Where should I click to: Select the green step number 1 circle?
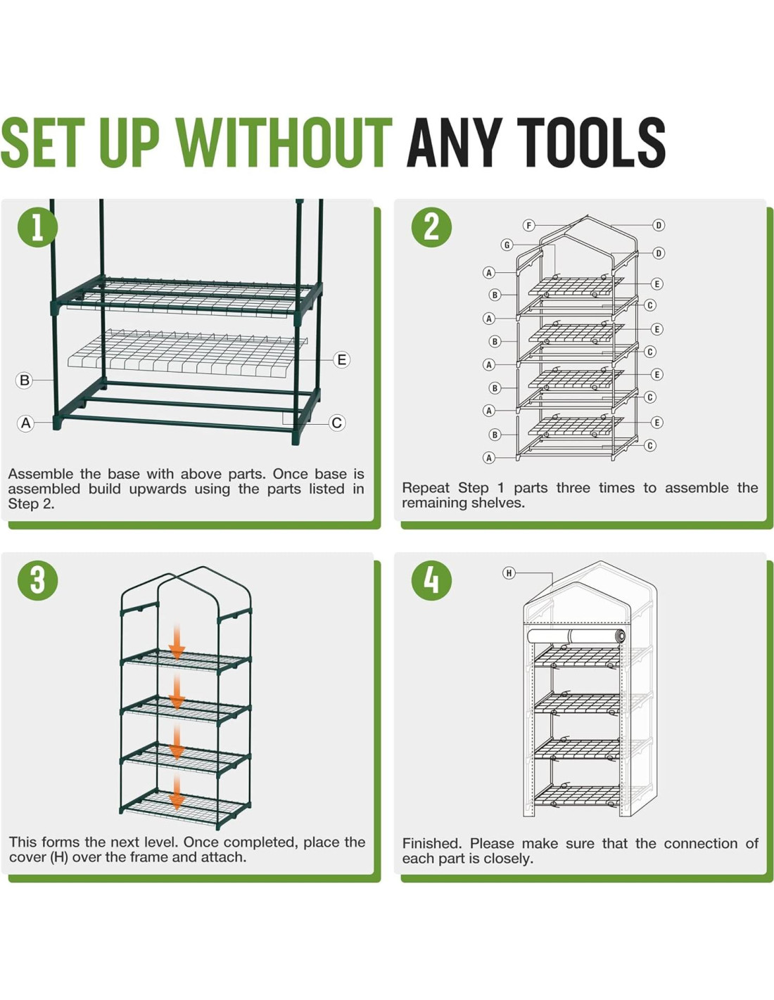[38, 227]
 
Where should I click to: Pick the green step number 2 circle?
[431, 227]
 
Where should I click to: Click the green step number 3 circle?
[38, 580]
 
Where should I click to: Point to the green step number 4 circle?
[431, 580]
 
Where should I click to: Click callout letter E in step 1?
[341, 359]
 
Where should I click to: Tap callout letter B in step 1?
[25, 380]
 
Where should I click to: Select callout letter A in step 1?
[26, 423]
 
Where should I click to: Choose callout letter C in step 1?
[336, 423]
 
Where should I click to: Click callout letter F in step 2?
[528, 225]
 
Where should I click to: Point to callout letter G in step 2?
[507, 245]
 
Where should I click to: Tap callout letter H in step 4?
[509, 573]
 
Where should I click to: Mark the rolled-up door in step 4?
[576, 637]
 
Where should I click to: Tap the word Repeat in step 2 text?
[426, 489]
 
